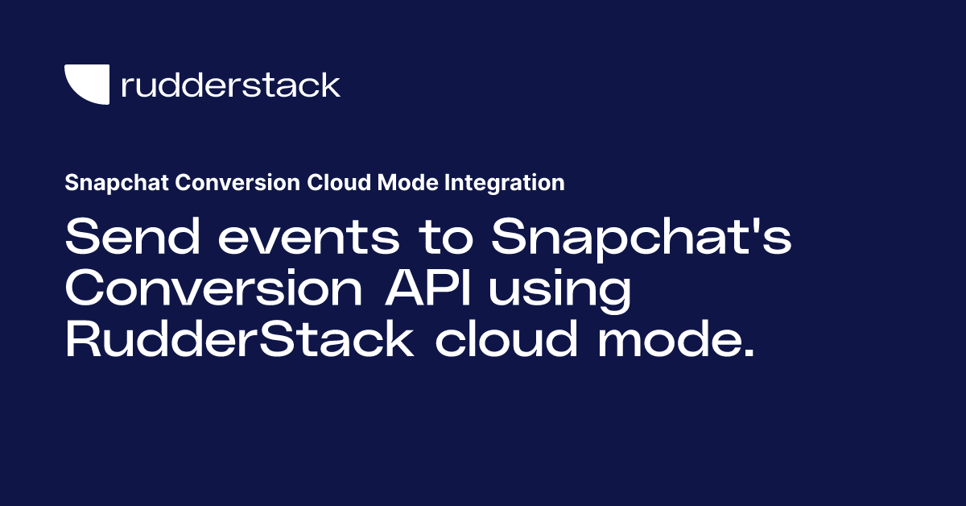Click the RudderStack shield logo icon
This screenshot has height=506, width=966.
click(87, 84)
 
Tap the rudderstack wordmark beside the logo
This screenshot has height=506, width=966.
click(231, 85)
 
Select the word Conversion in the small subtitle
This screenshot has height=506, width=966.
click(237, 182)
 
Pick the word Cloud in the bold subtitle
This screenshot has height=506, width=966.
click(339, 182)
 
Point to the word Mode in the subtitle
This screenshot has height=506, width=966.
click(408, 182)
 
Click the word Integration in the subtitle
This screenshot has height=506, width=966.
click(505, 183)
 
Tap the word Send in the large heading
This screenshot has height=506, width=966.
click(133, 237)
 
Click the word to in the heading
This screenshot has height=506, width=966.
click(446, 238)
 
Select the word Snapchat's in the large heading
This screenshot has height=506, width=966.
click(642, 239)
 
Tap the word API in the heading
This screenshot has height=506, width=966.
click(427, 288)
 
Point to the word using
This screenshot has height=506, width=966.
click(559, 291)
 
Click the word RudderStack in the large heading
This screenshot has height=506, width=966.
click(239, 338)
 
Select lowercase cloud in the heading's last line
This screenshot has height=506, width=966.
click(506, 339)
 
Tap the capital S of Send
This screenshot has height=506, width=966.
click(84, 237)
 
